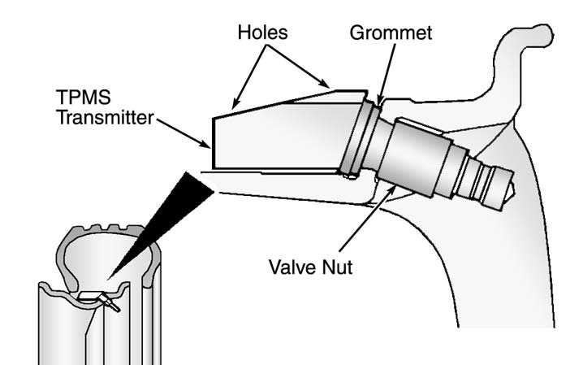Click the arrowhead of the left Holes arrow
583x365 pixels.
click(233, 106)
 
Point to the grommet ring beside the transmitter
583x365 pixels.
click(357, 140)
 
